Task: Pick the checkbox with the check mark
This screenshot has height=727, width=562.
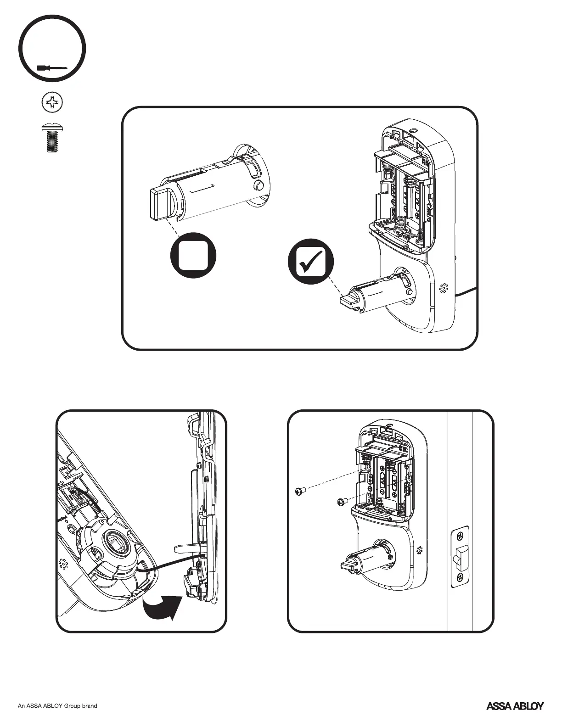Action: point(310,262)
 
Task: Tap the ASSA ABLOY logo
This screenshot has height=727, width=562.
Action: point(515,706)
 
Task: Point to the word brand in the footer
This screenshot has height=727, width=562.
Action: point(89,706)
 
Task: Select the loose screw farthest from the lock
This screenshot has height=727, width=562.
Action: point(299,492)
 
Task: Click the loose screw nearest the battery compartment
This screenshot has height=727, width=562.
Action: point(341,502)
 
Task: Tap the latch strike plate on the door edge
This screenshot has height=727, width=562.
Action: point(460,557)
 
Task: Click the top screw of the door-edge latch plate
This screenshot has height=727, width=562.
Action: point(460,536)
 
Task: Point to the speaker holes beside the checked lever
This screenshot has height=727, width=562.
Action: point(444,288)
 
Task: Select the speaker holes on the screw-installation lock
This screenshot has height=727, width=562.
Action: point(420,550)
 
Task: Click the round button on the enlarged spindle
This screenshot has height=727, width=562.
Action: point(259,186)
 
